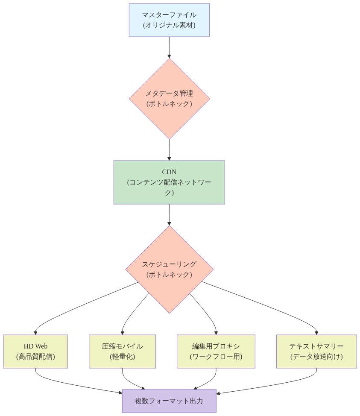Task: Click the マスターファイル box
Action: click(x=169, y=20)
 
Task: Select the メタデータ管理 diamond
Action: click(x=169, y=98)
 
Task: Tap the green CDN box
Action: click(x=169, y=182)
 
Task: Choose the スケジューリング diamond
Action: click(x=169, y=269)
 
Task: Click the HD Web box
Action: click(x=35, y=351)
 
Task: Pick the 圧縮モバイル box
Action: click(x=122, y=351)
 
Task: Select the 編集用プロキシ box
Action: click(x=216, y=351)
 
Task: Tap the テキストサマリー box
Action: click(x=316, y=351)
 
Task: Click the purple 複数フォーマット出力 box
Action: click(x=169, y=401)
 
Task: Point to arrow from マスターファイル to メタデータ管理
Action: click(x=169, y=47)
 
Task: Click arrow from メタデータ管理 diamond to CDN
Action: click(x=169, y=149)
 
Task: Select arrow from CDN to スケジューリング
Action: click(x=169, y=214)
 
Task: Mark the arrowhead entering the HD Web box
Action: click(x=35, y=332)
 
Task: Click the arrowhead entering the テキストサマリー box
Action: click(x=316, y=332)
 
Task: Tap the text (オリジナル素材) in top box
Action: click(x=169, y=25)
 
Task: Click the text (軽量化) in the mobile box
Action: click(x=122, y=356)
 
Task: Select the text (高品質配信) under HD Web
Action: click(x=35, y=356)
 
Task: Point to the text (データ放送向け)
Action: click(x=316, y=356)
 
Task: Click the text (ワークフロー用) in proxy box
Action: click(x=216, y=356)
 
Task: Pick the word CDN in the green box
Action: click(x=169, y=172)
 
